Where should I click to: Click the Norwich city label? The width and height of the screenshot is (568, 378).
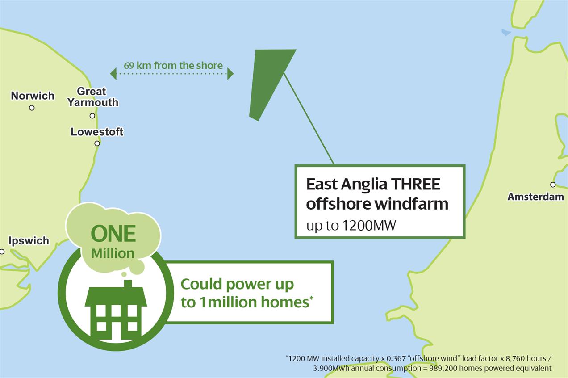tap(33, 96)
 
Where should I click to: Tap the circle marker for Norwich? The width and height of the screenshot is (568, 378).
tap(32, 108)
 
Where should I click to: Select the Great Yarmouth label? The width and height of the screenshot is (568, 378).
tap(92, 97)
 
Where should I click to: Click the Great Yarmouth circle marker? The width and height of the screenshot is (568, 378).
tap(92, 116)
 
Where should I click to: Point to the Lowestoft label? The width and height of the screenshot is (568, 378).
tap(97, 132)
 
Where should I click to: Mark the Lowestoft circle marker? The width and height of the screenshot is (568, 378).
tap(97, 143)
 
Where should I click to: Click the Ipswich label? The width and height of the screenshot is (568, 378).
tap(29, 241)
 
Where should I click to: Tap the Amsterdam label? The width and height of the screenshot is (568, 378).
tap(535, 197)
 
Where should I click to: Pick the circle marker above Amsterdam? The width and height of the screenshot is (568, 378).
tap(553, 185)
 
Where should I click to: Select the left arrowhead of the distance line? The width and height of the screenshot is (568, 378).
tap(113, 74)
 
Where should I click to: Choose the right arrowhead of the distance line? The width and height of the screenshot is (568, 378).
tap(230, 74)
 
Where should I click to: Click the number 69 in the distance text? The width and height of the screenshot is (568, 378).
tap(129, 65)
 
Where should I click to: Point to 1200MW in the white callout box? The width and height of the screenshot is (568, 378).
tap(369, 225)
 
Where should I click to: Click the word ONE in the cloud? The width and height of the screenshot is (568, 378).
tap(113, 234)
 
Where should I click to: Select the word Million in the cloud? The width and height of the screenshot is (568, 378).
tap(113, 253)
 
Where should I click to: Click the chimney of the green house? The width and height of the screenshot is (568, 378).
tap(128, 284)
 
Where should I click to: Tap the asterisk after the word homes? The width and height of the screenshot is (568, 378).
tap(311, 298)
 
